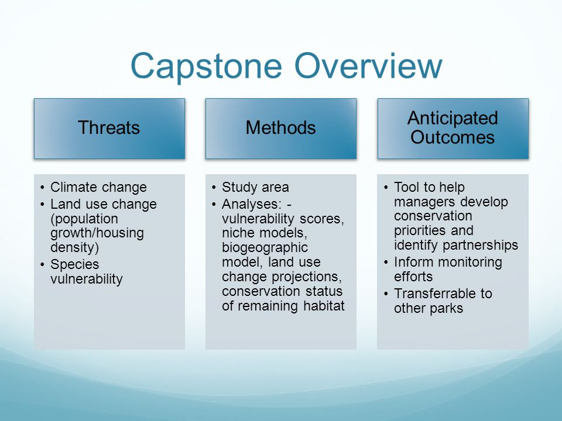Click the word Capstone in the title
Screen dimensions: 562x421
pyautogui.click(x=206, y=66)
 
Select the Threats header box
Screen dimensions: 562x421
pyautogui.click(x=109, y=129)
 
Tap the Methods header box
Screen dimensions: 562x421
pyautogui.click(x=281, y=129)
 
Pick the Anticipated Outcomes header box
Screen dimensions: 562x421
pyautogui.click(x=453, y=129)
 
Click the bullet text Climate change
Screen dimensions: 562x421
pyautogui.click(x=98, y=187)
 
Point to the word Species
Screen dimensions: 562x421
pyautogui.click(x=74, y=264)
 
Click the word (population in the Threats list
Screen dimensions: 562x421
pyautogui.click(x=84, y=219)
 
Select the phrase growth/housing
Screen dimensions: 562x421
pyautogui.click(x=97, y=233)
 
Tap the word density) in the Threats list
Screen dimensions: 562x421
pyautogui.click(x=74, y=247)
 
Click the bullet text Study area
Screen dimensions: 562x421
pyautogui.click(x=255, y=187)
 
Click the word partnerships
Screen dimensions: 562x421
pyautogui.click(x=480, y=246)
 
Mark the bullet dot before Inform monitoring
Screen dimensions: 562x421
pyautogui.click(x=386, y=263)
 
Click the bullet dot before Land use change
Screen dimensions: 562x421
pyautogui.click(x=42, y=205)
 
